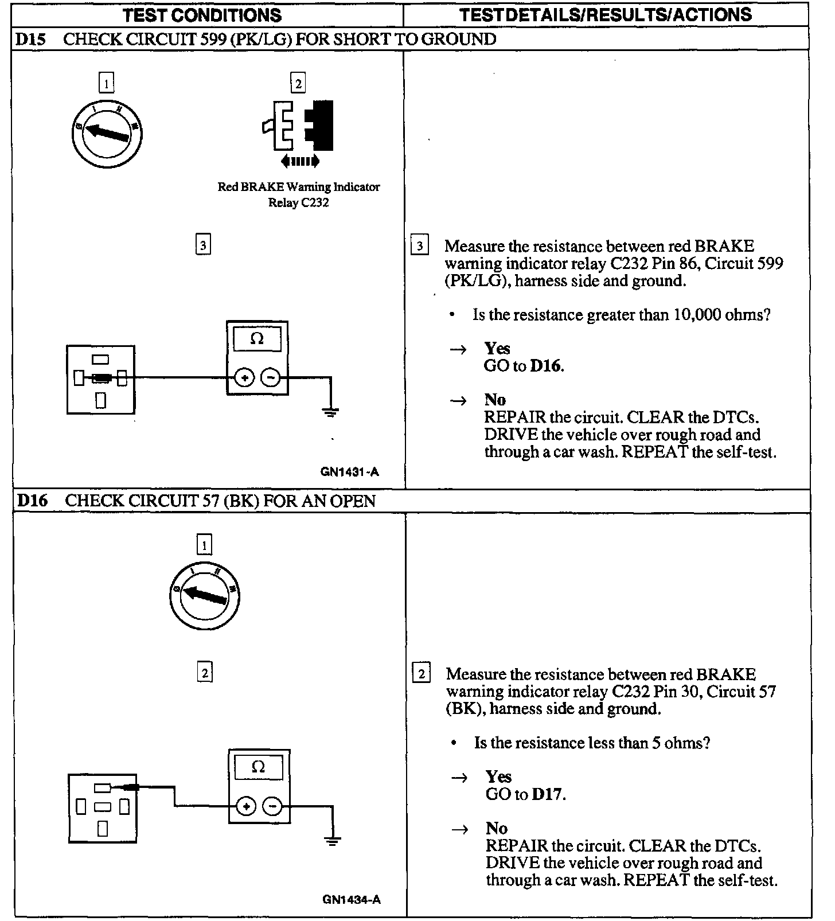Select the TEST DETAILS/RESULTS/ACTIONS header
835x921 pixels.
[x=606, y=15]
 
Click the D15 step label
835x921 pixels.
[x=30, y=40]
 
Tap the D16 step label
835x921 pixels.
[x=32, y=501]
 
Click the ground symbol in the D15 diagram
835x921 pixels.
[x=331, y=412]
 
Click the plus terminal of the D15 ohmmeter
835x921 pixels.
[x=245, y=378]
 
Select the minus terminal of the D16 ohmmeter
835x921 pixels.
[x=272, y=807]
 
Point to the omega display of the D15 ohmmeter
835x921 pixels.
[x=257, y=339]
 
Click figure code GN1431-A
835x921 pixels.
[x=350, y=473]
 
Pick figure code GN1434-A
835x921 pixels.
[x=352, y=899]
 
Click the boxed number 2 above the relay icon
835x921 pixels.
[x=298, y=84]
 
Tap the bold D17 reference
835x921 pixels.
[x=548, y=794]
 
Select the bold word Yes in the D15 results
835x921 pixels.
[x=497, y=349]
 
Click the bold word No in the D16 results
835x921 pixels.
[x=496, y=828]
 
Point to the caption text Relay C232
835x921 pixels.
[x=298, y=202]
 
